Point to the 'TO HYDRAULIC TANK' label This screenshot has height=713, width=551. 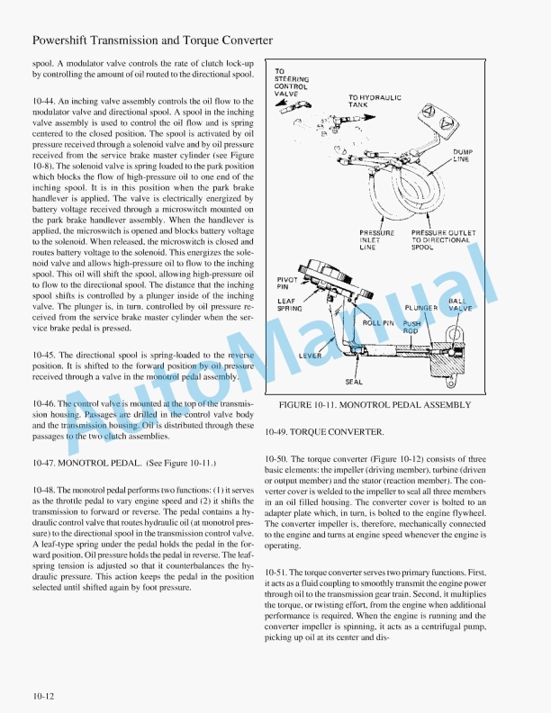[375, 101]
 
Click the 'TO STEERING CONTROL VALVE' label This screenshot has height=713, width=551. [292, 82]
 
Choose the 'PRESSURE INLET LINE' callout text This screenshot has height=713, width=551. [376, 239]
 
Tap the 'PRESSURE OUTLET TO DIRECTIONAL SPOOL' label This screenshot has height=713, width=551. [440, 239]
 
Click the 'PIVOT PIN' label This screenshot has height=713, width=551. [286, 284]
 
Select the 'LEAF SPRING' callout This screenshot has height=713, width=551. [288, 304]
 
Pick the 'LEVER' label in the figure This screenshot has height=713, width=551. [312, 356]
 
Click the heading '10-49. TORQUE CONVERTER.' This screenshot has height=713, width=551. [324, 432]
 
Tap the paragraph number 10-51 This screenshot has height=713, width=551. [278, 573]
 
